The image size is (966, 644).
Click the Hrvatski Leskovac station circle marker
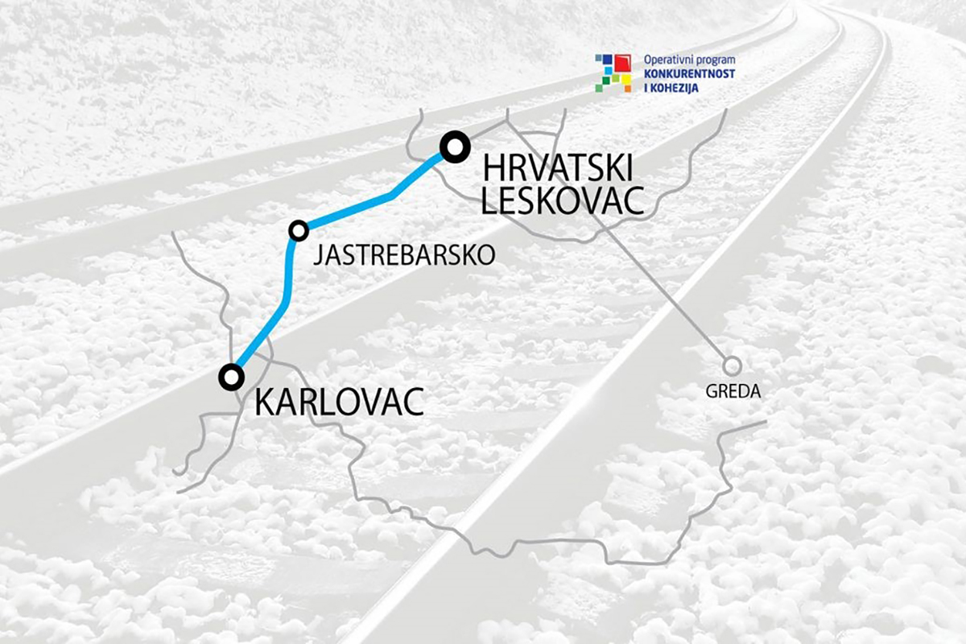pyautogui.click(x=455, y=147)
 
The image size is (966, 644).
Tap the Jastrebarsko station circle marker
pyautogui.click(x=299, y=230)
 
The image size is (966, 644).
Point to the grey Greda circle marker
pyautogui.click(x=732, y=366)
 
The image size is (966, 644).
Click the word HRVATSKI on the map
pyautogui.click(x=557, y=169)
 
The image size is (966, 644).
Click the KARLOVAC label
pyautogui.click(x=339, y=402)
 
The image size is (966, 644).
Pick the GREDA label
pyautogui.click(x=732, y=392)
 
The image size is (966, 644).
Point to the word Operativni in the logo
pyautogui.click(x=668, y=60)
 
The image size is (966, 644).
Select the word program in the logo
pyautogui.click(x=715, y=60)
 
